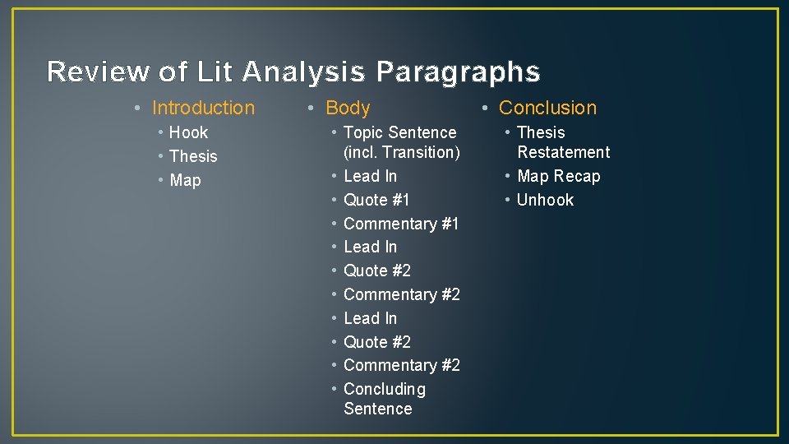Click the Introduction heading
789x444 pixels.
tap(203, 108)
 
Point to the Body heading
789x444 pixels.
tap(348, 108)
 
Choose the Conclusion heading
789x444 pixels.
tap(547, 108)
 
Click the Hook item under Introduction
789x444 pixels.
tap(188, 132)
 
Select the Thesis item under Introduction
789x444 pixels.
tap(193, 156)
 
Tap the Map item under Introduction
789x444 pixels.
tap(185, 180)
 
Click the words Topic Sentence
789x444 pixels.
tap(399, 132)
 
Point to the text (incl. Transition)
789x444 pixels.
tap(401, 152)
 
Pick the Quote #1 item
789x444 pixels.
tap(376, 200)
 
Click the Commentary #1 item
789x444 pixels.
tap(401, 224)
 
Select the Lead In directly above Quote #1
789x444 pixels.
tap(370, 176)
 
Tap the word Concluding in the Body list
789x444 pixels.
tap(385, 389)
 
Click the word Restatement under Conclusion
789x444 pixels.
tap(563, 152)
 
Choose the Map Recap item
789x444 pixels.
tap(559, 176)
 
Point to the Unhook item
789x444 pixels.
tap(545, 200)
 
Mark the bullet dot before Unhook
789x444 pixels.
tap(508, 201)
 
